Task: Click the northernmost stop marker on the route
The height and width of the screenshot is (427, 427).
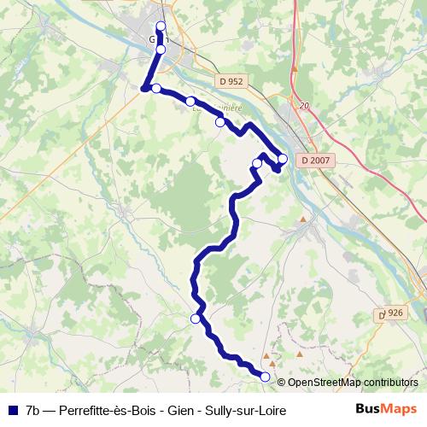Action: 161,26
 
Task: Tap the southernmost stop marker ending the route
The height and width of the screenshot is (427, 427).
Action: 265,377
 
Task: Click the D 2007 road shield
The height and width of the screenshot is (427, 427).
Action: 316,160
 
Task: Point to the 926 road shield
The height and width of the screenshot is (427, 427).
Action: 392,314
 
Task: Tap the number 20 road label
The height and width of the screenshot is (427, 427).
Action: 303,106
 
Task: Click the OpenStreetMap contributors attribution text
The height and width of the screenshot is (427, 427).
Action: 353,383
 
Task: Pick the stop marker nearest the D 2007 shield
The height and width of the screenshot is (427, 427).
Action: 283,158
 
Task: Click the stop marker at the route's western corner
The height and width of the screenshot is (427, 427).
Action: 156,88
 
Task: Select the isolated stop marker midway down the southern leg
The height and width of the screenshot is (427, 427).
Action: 196,319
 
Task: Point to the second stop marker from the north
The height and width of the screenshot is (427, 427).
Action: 161,50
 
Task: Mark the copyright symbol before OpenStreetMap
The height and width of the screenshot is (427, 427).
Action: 282,383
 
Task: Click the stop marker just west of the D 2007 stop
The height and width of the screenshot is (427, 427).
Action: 257,163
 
